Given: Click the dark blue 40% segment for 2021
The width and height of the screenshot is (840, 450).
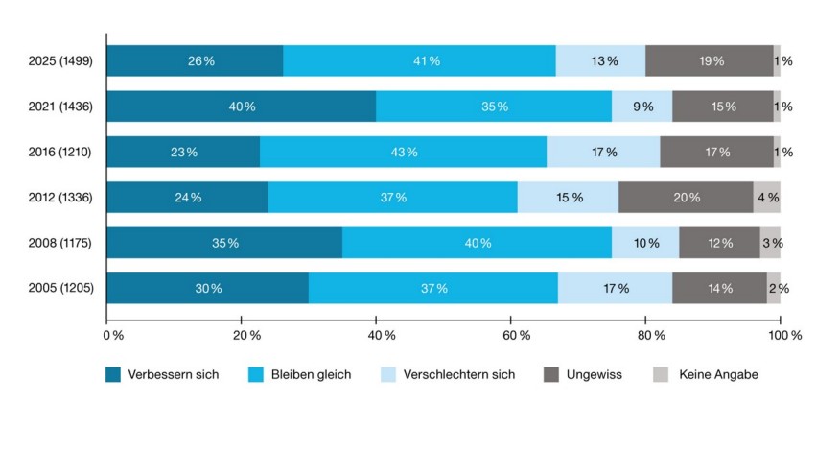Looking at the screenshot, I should pos(241,107).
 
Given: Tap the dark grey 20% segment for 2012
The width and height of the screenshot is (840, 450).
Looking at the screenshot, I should pos(686,198).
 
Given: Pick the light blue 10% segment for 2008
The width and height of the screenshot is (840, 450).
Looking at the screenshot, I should pos(645,243).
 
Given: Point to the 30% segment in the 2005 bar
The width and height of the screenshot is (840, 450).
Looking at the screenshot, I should pos(207,288).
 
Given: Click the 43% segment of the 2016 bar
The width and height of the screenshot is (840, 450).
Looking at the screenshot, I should pos(403,152).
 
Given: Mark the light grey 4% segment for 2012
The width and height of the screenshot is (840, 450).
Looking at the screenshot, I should pos(766,198).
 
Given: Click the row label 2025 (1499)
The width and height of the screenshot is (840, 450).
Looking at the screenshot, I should pos(60,61).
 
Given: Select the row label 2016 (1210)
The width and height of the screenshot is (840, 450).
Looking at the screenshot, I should pos(60,152).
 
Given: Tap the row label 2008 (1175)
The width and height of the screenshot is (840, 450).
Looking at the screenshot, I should pos(60,243).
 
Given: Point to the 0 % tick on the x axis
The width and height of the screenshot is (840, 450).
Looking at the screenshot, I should pos(112,335).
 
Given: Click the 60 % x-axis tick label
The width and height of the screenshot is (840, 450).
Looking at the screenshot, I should pos(517,335).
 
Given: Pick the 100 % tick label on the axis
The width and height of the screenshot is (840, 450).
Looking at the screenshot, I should pos(783,335).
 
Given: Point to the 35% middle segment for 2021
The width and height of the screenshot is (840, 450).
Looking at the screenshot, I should pos(494,107).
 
